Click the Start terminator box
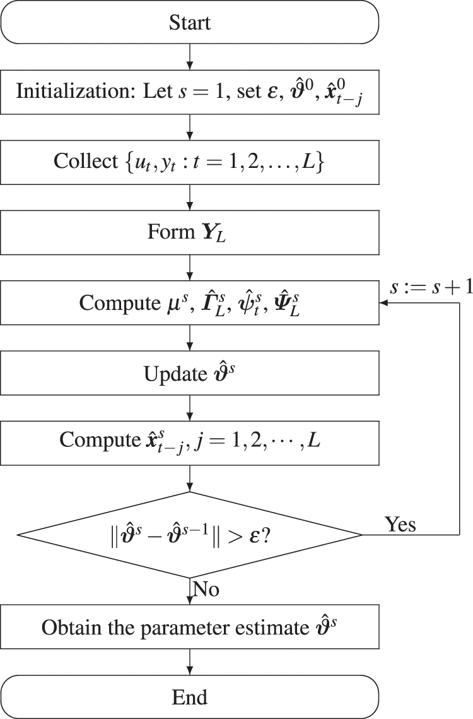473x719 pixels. point(189,23)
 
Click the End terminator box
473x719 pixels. point(189,696)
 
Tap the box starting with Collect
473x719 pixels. point(189,160)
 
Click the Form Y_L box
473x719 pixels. point(189,232)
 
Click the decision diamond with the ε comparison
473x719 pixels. point(189,535)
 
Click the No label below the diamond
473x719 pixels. point(206,590)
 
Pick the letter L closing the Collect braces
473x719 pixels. point(318,160)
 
